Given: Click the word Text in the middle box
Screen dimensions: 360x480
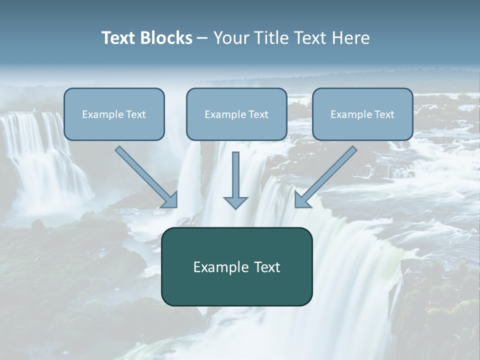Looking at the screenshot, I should coord(258,114).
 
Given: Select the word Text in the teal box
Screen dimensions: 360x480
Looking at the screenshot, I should coord(268,267).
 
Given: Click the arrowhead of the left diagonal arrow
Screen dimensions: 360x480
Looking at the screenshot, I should coord(170,200).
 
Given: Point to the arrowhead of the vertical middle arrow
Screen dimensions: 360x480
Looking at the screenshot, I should coord(235,202).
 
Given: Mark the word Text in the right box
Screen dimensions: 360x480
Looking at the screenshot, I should coord(384,114).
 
